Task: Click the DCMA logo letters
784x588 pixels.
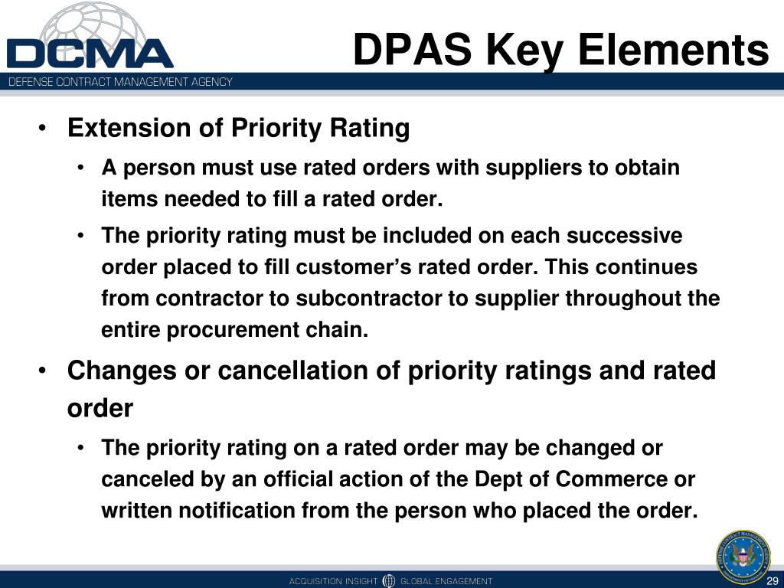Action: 90,54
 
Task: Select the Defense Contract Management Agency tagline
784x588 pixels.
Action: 120,81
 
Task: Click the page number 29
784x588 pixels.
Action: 772,582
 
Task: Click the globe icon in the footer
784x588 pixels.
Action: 388,580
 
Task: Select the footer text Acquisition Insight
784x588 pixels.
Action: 333,581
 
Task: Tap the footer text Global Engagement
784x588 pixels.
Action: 446,581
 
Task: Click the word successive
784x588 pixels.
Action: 624,236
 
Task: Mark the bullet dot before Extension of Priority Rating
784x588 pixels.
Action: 43,129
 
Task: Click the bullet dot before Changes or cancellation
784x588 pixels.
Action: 43,371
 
